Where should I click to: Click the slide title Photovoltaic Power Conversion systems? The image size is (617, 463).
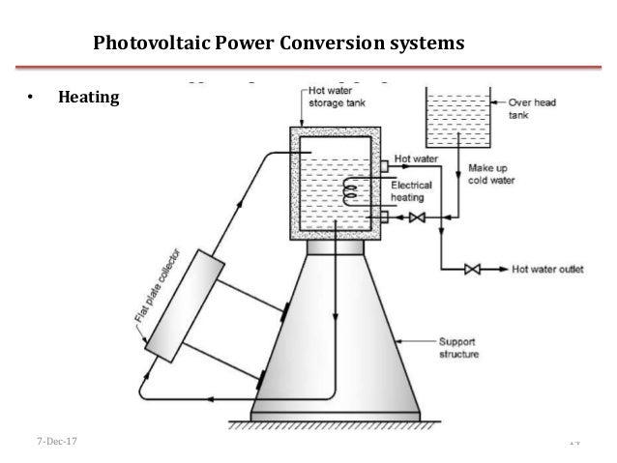pyautogui.click(x=278, y=43)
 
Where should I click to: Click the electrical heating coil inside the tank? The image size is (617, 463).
pyautogui.click(x=349, y=191)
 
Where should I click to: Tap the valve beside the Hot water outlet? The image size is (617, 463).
pyautogui.click(x=473, y=270)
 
